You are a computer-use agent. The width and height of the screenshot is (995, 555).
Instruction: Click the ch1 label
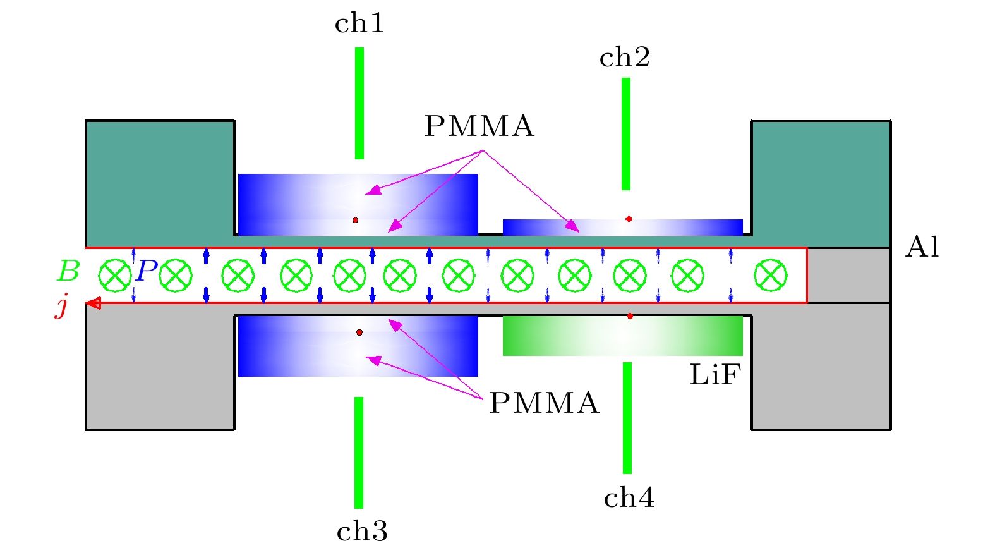(x=359, y=24)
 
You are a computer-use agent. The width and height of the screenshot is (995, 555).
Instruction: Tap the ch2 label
(x=624, y=58)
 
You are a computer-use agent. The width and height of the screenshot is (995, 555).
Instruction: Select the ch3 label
(x=362, y=532)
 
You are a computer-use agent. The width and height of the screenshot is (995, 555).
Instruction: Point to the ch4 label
(x=629, y=498)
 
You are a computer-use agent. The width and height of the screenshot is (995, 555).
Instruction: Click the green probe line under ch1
(x=359, y=103)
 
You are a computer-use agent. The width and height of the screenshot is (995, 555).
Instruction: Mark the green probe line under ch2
(x=626, y=133)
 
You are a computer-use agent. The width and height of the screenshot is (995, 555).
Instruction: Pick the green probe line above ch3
(x=359, y=452)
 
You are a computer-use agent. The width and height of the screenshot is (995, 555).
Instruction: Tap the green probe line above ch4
(x=627, y=417)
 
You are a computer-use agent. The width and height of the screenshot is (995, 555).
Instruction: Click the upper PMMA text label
(x=479, y=126)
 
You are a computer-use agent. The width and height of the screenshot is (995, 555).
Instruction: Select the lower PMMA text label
(x=544, y=403)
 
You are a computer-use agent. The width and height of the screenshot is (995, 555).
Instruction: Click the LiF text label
(x=715, y=375)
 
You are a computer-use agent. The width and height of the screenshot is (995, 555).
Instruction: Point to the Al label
(x=922, y=247)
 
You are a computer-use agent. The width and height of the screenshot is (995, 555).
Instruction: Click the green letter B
(x=68, y=272)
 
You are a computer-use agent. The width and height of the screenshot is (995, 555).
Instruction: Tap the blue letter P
(x=146, y=271)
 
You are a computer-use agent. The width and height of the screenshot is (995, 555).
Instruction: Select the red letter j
(x=62, y=305)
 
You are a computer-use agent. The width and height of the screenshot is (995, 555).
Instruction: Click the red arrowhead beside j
(x=93, y=303)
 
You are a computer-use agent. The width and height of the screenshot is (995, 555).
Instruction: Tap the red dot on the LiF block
(x=630, y=316)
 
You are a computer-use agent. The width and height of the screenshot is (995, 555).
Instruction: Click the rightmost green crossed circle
(x=771, y=276)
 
